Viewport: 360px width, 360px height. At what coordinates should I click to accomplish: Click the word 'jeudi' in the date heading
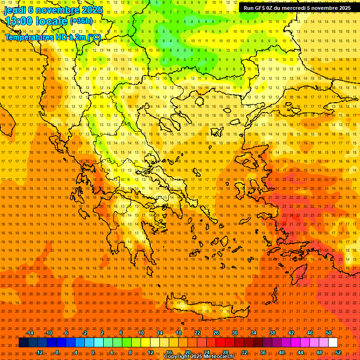pos(15,10)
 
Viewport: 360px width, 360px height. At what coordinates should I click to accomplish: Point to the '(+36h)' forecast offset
pos(81,21)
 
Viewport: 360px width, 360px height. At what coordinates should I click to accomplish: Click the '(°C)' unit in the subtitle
pos(93,37)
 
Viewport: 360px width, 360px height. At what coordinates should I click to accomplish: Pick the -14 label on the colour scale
pos(30,333)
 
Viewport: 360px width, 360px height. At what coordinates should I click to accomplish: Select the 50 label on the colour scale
pos(328,333)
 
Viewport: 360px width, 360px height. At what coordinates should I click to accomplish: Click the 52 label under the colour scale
pos(338,352)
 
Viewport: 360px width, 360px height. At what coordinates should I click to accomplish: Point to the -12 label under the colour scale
pos(39,352)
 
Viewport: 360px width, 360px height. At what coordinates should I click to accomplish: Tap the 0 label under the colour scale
pos(93,352)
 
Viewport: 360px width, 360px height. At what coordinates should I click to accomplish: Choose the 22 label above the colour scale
pos(197,333)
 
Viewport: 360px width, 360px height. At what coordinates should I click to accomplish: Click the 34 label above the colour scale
pos(254,333)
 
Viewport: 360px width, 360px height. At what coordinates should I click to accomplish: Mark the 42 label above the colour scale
pos(291,333)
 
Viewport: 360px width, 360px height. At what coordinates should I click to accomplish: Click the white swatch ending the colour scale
pos(333,343)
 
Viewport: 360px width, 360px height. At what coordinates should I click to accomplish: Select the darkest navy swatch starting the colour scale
pos(23,343)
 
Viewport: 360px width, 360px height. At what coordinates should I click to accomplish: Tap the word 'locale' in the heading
pos(51,22)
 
